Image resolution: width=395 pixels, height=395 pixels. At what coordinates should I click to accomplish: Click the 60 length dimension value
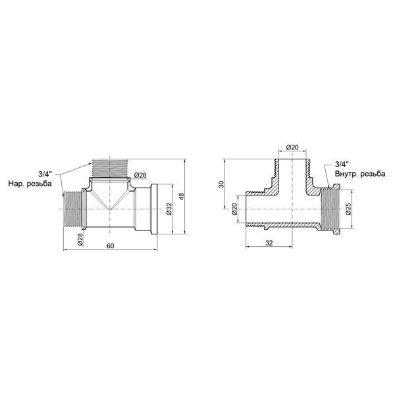110,246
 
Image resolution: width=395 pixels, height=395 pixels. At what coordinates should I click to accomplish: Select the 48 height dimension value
182,196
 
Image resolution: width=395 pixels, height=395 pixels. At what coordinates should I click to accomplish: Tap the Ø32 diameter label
169,209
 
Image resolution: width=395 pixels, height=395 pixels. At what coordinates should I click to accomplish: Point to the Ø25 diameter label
348,209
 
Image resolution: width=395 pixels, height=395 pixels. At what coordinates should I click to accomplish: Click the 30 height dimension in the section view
221,184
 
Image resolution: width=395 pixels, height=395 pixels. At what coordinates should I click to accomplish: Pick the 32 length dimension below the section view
269,243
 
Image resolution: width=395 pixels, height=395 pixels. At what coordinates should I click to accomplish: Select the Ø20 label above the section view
292,147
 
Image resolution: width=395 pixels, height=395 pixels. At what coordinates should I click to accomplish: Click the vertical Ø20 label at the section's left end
234,209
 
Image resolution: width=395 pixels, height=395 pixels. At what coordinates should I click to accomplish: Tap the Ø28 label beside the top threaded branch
140,175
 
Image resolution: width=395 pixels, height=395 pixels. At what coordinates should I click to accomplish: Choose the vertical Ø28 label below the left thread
80,240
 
